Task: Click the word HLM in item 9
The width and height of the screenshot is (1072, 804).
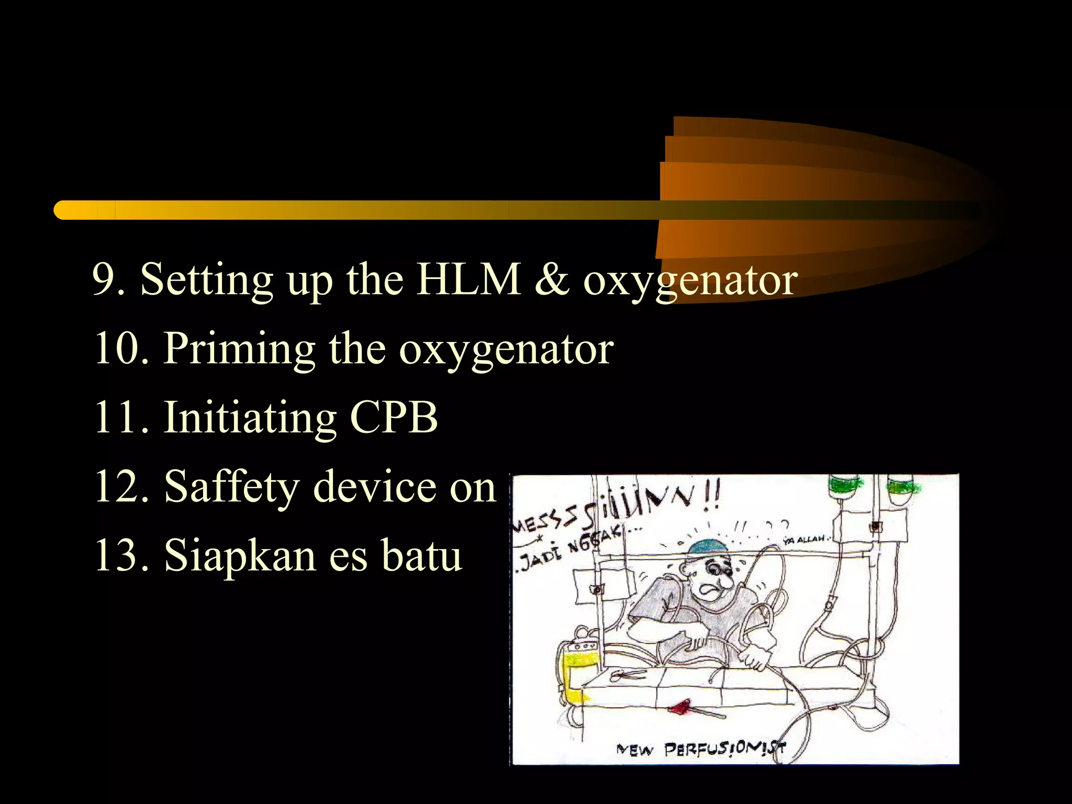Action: [468, 280]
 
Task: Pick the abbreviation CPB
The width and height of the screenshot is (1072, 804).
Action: [394, 417]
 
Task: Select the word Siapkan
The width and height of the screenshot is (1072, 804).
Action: [240, 556]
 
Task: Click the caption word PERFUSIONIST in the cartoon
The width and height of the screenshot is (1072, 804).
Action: [725, 750]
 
